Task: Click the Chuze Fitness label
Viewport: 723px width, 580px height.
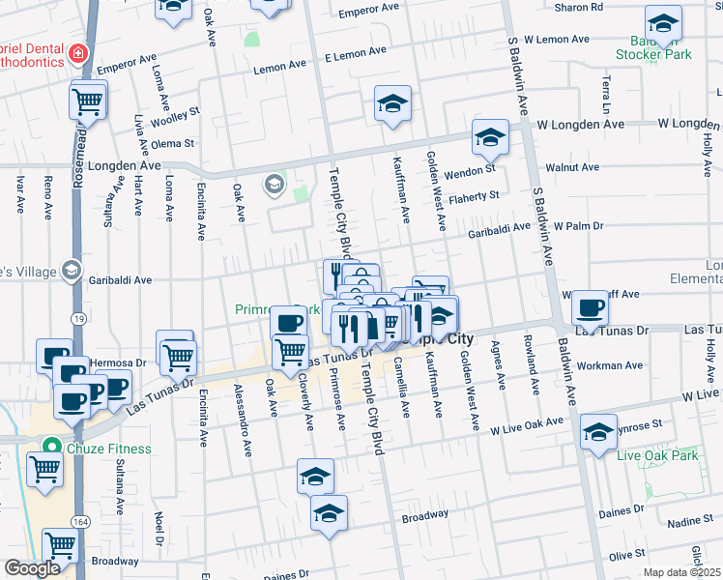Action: coord(109,449)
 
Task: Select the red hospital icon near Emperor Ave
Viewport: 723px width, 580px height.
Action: coord(76,55)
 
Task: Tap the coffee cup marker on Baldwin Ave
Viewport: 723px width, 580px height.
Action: coord(590,308)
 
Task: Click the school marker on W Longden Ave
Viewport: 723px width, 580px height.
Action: coord(490,138)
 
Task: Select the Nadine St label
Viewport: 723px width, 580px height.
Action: coord(689,521)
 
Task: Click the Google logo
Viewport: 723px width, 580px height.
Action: coord(33,569)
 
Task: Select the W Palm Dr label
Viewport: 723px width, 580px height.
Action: coord(578,225)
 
